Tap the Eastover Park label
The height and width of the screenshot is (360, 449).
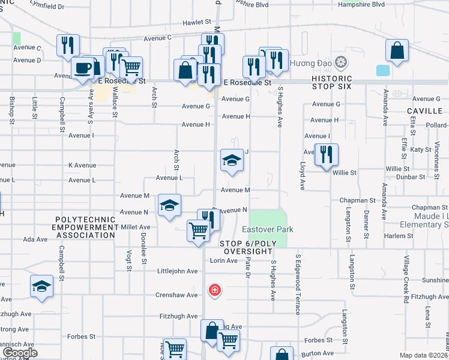[267, 230]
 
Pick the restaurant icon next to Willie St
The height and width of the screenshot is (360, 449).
[326, 154]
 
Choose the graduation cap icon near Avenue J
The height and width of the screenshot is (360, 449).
[231, 161]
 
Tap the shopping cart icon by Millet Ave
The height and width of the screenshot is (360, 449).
[198, 230]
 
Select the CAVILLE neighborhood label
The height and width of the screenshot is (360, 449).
[424, 111]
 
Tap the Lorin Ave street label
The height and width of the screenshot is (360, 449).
[225, 260]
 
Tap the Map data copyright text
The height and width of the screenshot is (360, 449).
[423, 355]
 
